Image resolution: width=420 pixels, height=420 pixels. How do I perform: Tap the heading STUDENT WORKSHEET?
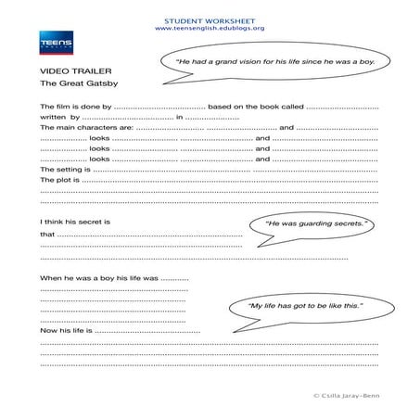(210, 19)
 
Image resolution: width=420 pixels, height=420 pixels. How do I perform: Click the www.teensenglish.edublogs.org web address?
(210, 28)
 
